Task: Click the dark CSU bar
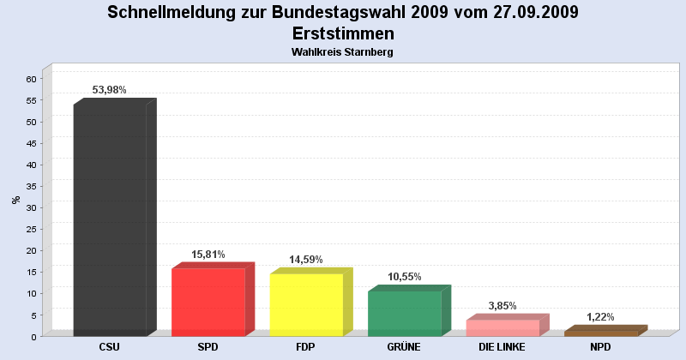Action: pos(110,219)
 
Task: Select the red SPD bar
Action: pos(208,302)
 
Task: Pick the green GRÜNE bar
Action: pos(404,313)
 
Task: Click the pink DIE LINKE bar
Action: pos(502,327)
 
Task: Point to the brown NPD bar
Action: pos(600,333)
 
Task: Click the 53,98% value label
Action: pos(109,90)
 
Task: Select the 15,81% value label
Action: pos(208,255)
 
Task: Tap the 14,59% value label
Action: pos(305,260)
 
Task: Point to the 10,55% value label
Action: pos(404,277)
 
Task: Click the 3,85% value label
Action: pos(502,306)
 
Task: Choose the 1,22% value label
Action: pos(600,317)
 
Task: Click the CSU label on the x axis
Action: pos(109,347)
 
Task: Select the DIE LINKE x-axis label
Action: pos(502,347)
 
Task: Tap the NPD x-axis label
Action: pos(600,347)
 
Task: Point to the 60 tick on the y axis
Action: pos(31,79)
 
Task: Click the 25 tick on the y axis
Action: pos(31,229)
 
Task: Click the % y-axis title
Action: pos(15,200)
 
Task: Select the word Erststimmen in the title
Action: pos(343,33)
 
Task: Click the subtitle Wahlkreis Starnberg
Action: pos(343,52)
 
